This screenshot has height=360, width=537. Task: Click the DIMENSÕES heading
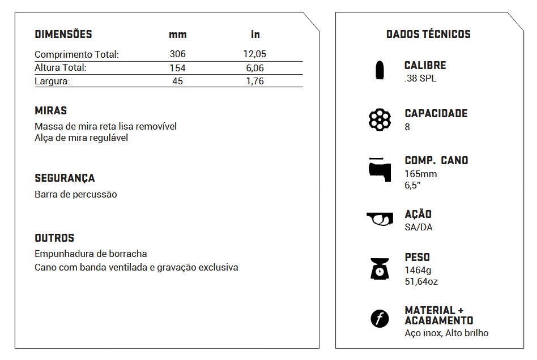[x=63, y=34]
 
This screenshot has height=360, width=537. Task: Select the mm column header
[x=177, y=35]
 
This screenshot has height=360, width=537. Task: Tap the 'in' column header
[x=255, y=35]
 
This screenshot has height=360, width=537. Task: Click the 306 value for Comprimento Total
[x=177, y=54]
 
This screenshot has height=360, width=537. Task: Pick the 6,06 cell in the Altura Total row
[x=255, y=68]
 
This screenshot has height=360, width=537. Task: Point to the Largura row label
[x=52, y=81]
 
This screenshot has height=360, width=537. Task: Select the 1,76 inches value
[x=255, y=81]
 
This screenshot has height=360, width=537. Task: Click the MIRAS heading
[x=50, y=111]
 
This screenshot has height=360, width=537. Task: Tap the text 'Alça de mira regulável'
[x=82, y=138]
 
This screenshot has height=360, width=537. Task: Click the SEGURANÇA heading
[x=65, y=178]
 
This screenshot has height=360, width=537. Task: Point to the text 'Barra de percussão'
[x=76, y=194]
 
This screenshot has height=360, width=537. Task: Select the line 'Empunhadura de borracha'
[x=91, y=254]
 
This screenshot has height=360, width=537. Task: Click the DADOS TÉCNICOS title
[x=428, y=34]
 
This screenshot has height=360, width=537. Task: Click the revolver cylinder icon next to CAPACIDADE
[x=380, y=119]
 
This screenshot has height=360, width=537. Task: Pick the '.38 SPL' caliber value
[x=420, y=79]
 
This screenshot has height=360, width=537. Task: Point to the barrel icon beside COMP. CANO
[x=379, y=168]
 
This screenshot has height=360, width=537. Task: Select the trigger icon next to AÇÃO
[x=380, y=218]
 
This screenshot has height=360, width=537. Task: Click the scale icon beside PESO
[x=380, y=268]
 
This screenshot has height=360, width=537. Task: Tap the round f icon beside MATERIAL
[x=380, y=319]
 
